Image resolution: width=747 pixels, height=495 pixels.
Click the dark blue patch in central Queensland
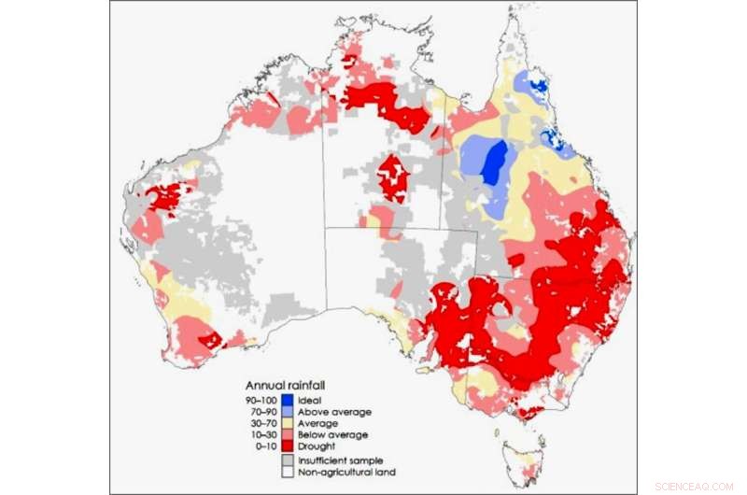tap(495, 161)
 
